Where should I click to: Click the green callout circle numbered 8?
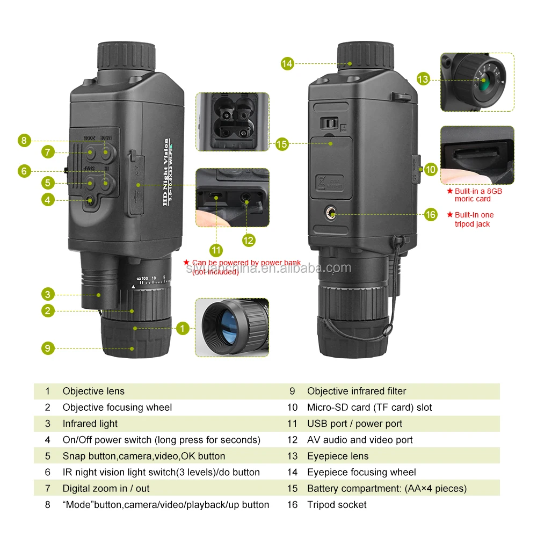pos(23,141)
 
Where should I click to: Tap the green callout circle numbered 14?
pos(287,63)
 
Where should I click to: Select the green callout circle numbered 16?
pos(431,215)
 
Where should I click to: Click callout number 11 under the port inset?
pos(216,250)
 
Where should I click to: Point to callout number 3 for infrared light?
pos(48,294)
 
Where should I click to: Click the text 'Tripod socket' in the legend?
pos(337,505)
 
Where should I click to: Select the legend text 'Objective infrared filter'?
pos(357,391)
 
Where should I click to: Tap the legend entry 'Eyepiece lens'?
pos(338,456)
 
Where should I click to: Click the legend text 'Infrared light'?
pos(90,424)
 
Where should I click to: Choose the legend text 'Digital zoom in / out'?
pos(106,489)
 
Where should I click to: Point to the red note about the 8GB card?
pos(475,195)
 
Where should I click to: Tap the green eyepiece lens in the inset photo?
pos(484,82)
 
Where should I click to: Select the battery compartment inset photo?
pos(232,121)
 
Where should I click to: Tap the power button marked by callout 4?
pos(90,200)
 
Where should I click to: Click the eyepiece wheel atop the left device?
pos(127,55)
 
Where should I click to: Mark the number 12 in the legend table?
pos(292,440)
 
